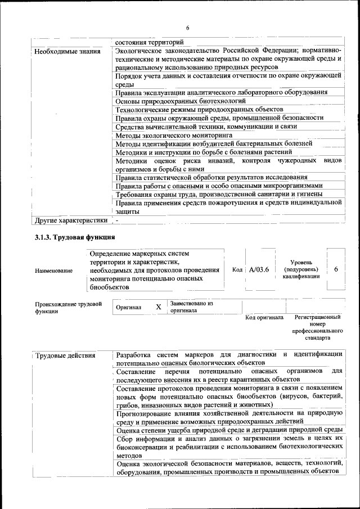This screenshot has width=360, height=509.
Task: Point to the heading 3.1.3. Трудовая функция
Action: coord(75,237)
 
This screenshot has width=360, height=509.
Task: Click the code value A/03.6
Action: coord(259,269)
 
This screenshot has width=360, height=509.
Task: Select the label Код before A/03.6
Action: coord(237,269)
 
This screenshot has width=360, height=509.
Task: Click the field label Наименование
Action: coord(53,271)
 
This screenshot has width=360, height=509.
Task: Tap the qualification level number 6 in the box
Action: coord(336,269)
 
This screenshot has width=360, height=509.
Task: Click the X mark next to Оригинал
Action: coord(159,307)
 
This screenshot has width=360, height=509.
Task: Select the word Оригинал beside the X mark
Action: coord(128,308)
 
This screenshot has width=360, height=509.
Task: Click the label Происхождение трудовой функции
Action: coord(68,308)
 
